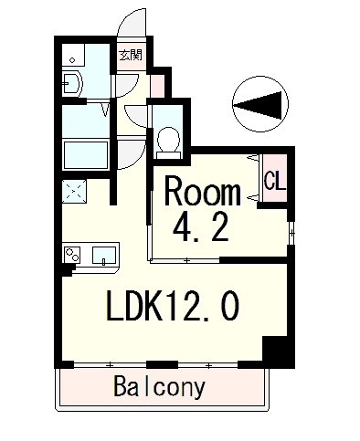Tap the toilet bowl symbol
(x=167, y=140)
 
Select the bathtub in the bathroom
(x=83, y=154)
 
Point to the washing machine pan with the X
(x=73, y=191)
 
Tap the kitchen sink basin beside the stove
(x=103, y=255)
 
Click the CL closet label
(x=273, y=180)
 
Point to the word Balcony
(x=160, y=386)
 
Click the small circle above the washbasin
(x=72, y=60)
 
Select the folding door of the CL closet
(x=253, y=181)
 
